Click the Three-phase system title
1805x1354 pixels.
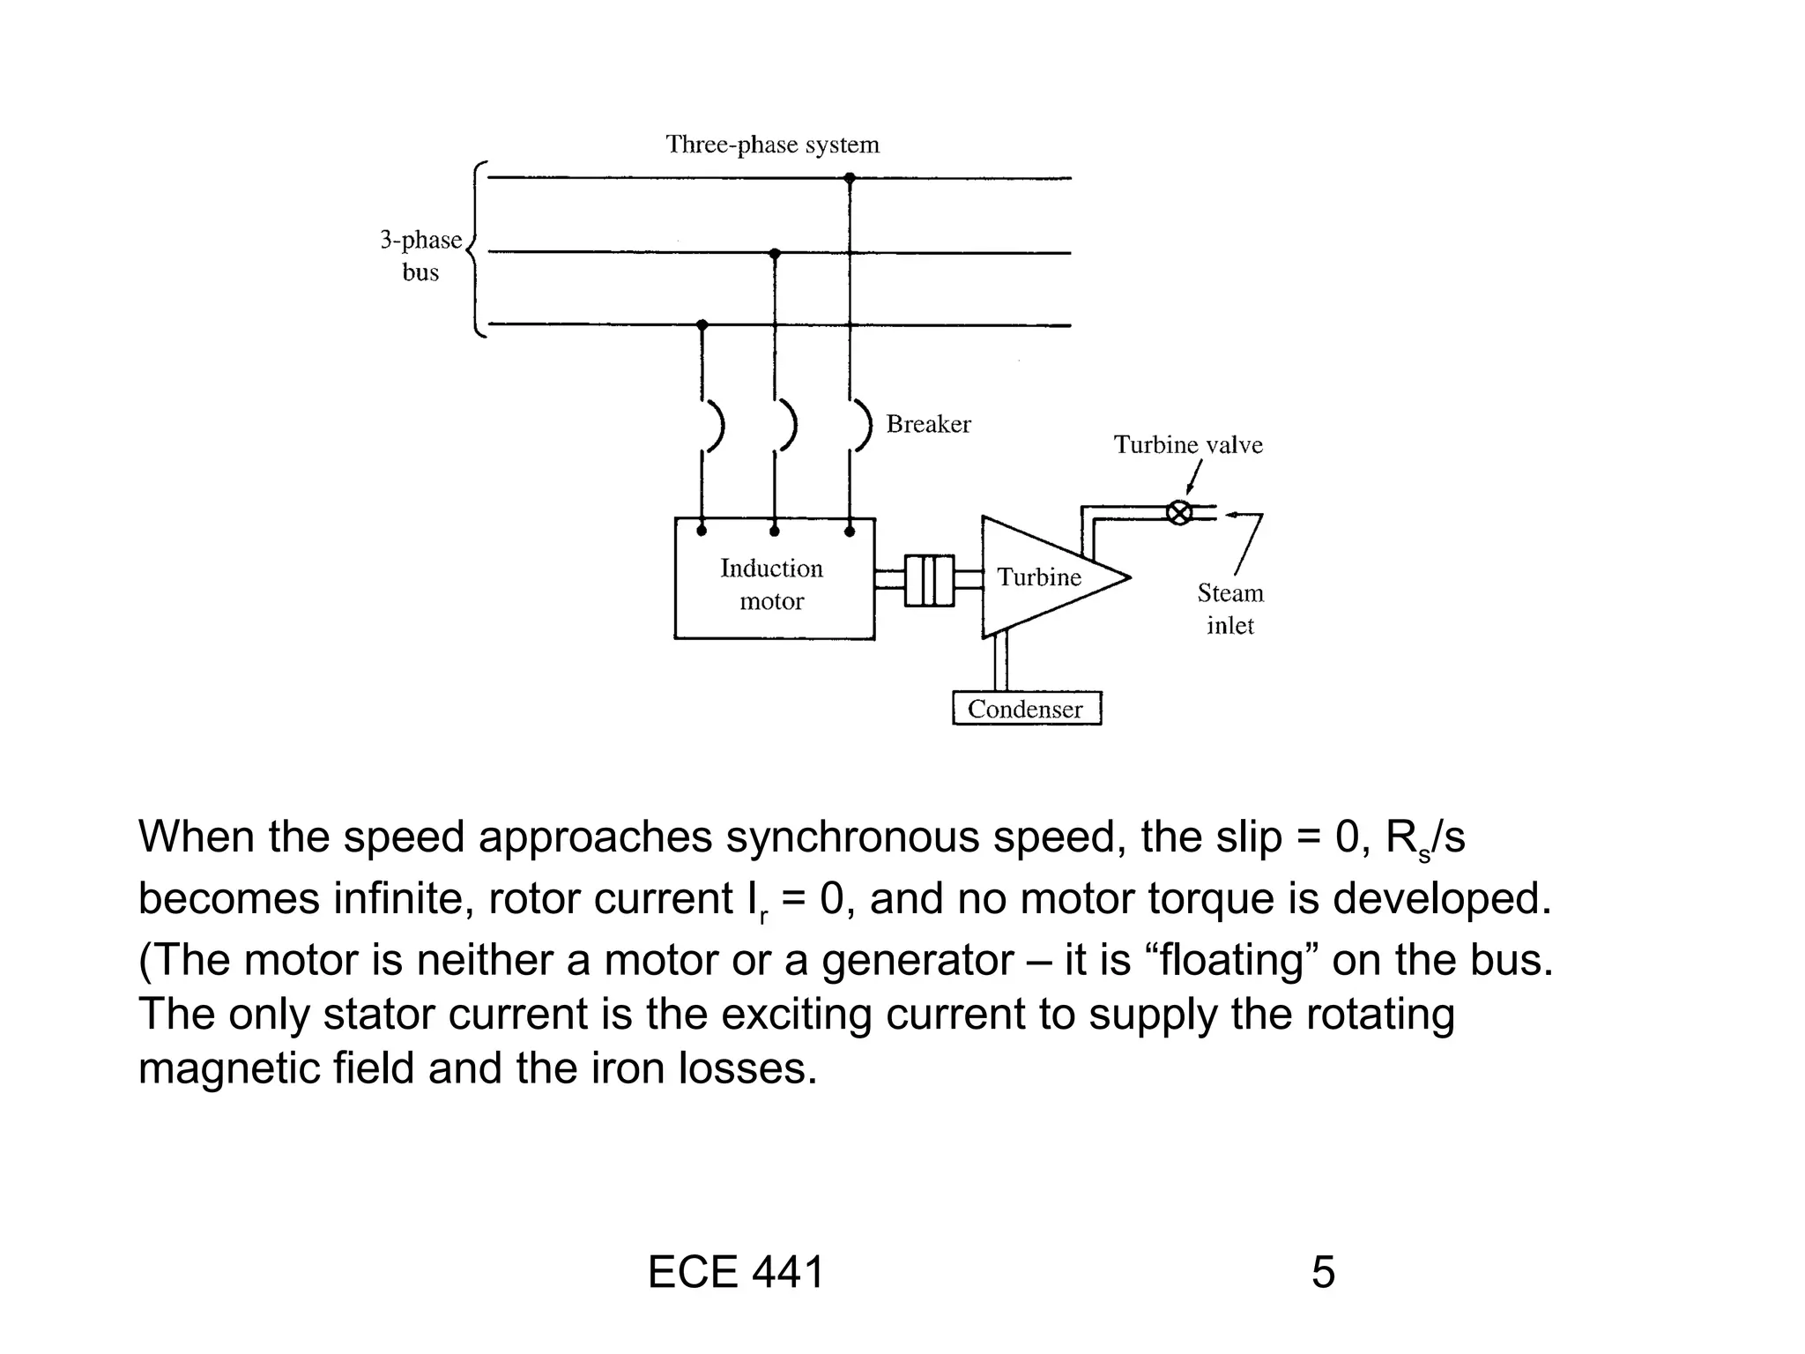coord(772,145)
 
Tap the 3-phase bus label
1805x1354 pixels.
coord(421,256)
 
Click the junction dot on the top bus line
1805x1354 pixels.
coord(850,178)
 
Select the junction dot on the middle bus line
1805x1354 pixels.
coord(775,254)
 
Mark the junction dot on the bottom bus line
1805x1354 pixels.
coord(702,325)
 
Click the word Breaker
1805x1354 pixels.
coord(928,425)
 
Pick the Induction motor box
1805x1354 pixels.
coord(774,578)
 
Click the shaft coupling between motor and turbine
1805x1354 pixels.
coord(929,579)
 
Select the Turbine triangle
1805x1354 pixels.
coord(1040,577)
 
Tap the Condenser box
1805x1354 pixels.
coord(1027,709)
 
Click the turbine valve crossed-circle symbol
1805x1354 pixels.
coord(1178,512)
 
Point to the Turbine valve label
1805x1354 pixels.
coord(1187,445)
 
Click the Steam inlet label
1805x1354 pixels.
coord(1229,609)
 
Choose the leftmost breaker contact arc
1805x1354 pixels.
coord(717,427)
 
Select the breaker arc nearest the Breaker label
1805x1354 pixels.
coord(864,427)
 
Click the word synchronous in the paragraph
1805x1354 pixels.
coord(851,837)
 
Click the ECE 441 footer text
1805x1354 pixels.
coord(735,1273)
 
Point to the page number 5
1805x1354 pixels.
coord(1323,1273)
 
